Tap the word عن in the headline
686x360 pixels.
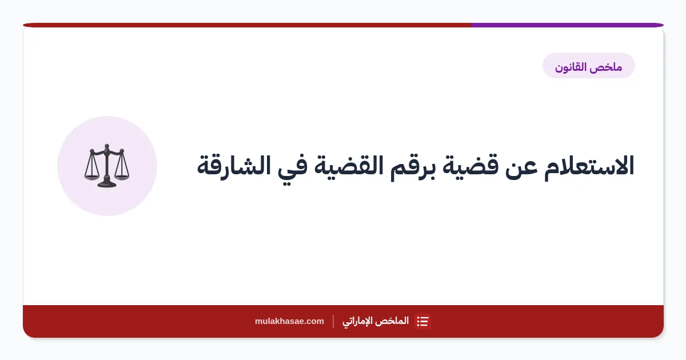click(521, 169)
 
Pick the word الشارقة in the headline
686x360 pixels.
click(234, 165)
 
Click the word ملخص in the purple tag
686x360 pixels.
click(609, 67)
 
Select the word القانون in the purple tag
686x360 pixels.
click(573, 67)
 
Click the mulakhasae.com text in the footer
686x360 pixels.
click(289, 321)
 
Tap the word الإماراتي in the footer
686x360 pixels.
click(357, 321)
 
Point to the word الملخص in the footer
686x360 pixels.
click(392, 321)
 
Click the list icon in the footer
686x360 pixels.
click(422, 321)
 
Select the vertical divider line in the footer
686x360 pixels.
click(333, 321)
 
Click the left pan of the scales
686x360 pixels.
click(91, 177)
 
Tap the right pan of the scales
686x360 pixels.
click(122, 177)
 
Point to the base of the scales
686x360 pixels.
click(107, 184)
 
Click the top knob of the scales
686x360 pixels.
click(107, 146)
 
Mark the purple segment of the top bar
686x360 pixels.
click(567, 25)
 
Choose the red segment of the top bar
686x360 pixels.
click(247, 25)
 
